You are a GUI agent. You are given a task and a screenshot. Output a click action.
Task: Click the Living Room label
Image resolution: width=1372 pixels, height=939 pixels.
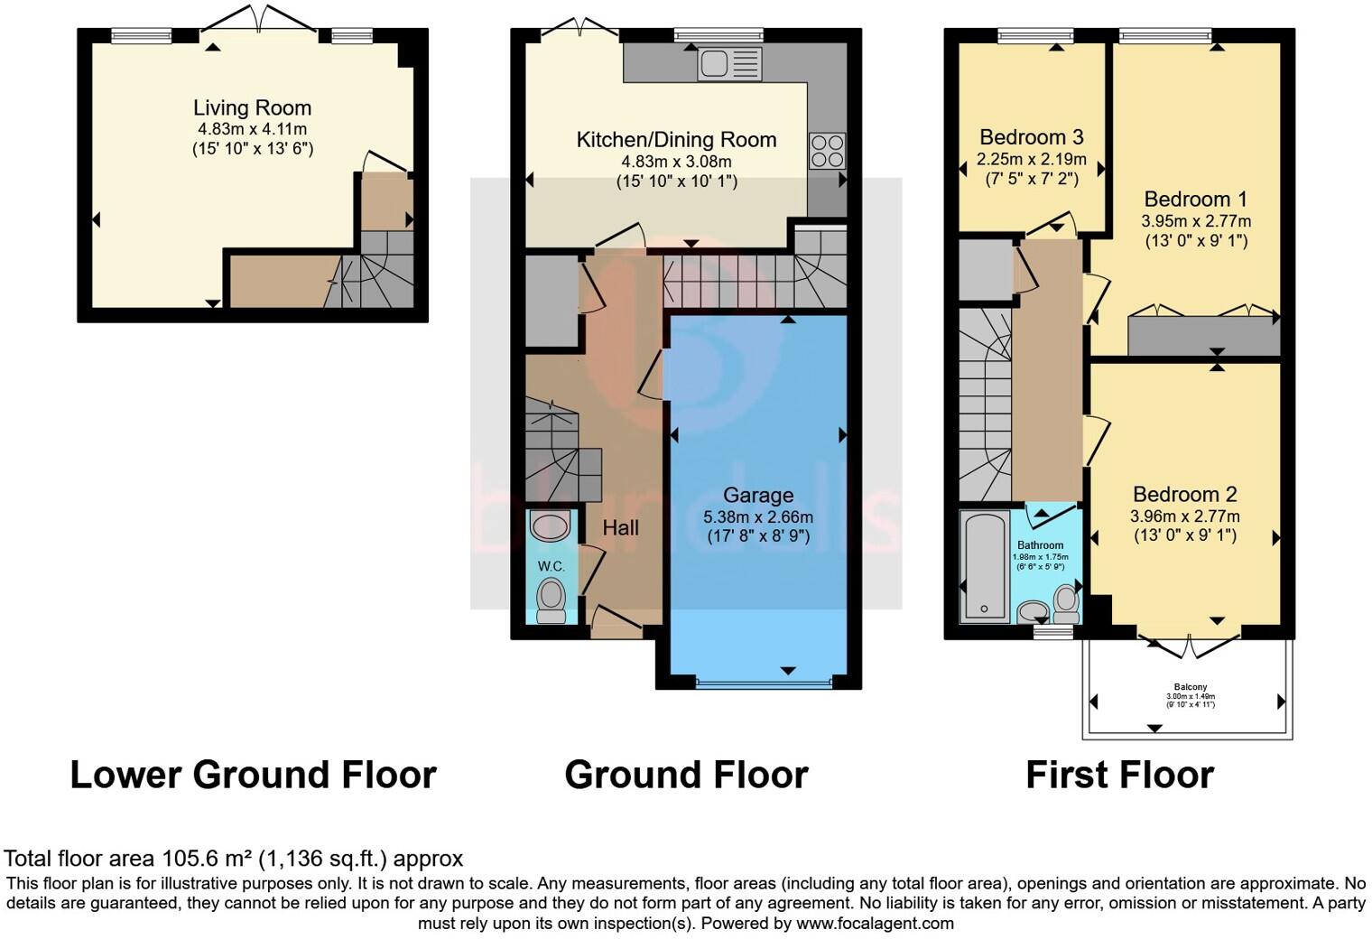(252, 108)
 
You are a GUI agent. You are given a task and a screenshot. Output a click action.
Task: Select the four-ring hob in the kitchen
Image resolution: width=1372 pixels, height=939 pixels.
(827, 151)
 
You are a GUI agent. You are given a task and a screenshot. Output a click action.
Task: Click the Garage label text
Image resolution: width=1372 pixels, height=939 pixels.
(758, 495)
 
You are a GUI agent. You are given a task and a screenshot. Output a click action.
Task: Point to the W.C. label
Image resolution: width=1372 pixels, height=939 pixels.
(551, 566)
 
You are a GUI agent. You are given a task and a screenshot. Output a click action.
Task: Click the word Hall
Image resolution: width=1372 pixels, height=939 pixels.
(621, 528)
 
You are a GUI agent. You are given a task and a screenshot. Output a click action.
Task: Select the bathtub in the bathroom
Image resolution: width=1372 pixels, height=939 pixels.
(985, 566)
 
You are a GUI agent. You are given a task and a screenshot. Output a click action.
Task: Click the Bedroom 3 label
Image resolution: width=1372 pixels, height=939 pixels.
(1031, 137)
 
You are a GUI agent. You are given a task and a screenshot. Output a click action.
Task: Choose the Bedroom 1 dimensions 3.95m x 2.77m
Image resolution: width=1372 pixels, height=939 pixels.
(1196, 221)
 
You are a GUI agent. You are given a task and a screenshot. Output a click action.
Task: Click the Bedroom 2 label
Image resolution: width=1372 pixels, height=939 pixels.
(1184, 495)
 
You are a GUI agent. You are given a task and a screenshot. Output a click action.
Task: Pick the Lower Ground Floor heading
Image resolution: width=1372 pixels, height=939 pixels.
(253, 775)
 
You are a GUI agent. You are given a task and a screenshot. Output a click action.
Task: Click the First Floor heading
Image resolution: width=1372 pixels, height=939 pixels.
(1119, 775)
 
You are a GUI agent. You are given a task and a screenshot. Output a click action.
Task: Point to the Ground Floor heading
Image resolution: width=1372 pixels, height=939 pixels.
(686, 775)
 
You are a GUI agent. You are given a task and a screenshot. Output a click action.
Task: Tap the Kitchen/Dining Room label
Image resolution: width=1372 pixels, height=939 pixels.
(676, 140)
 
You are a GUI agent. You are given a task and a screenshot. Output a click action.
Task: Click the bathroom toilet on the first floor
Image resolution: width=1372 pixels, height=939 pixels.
(1066, 604)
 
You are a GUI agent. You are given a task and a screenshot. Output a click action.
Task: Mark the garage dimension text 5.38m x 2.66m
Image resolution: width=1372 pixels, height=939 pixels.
(758, 517)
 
